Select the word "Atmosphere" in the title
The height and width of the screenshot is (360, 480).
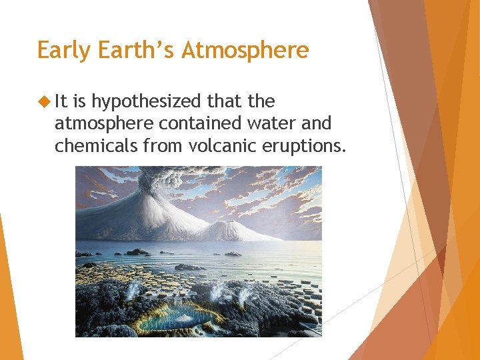[246, 51]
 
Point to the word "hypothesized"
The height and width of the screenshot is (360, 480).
[146, 102]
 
